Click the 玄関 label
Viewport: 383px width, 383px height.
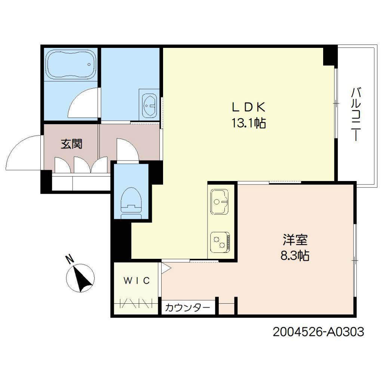[x=71, y=144]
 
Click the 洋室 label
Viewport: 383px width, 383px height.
[x=295, y=240]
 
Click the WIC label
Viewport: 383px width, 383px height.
[x=137, y=281]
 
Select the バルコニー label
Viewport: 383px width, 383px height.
[x=356, y=114]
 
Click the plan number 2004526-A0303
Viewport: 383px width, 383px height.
[x=318, y=331]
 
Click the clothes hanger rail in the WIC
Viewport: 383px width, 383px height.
[x=137, y=303]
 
